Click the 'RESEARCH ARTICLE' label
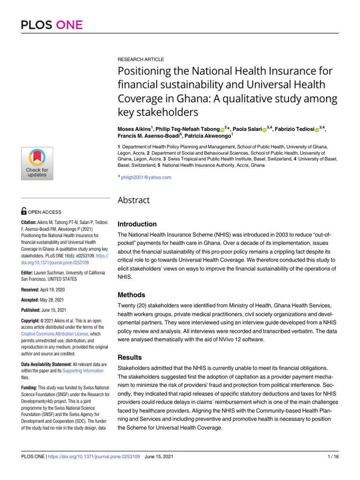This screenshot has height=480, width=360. (x=141, y=60)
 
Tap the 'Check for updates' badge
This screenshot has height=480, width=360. (x=37, y=163)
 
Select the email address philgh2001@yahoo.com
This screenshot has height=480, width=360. (x=146, y=177)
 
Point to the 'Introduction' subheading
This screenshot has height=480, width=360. (x=137, y=224)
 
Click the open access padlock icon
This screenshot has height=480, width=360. (x=24, y=212)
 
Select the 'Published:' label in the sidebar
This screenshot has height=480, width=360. (x=34, y=310)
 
